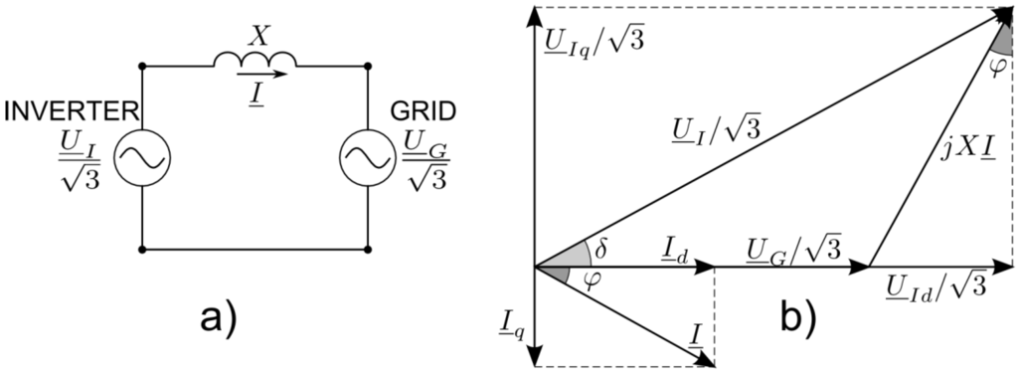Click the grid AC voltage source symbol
pyautogui.click(x=368, y=156)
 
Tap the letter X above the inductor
pyautogui.click(x=259, y=34)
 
